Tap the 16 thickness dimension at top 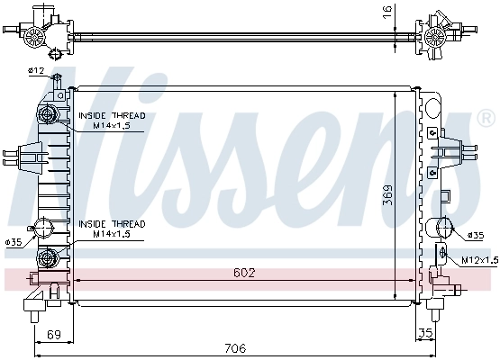pos(387,13)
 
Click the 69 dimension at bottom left pos(53,335)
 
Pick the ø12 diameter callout pos(36,70)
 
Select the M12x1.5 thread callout pos(478,260)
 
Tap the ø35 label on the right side pos(476,235)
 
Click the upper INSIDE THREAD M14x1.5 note pos(111,121)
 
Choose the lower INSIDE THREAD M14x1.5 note pos(111,229)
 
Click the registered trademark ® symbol pos(485,119)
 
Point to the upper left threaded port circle pos(50,114)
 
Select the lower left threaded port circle pos(48,259)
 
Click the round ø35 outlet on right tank pos(443,228)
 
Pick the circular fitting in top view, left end pos(34,35)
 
